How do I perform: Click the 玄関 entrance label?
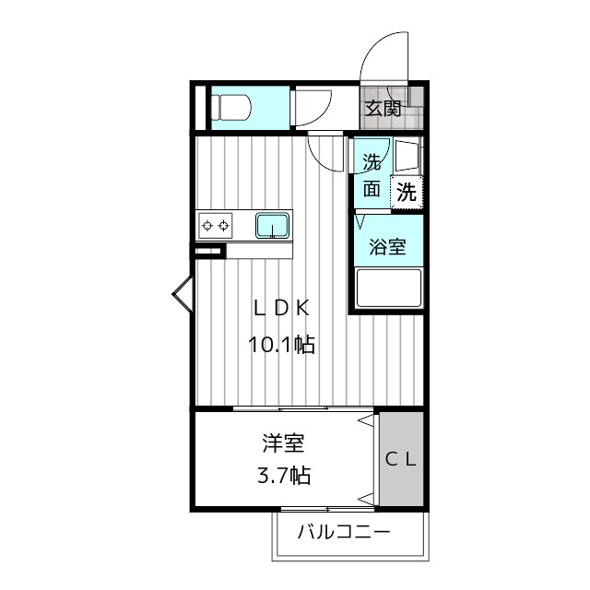pyautogui.click(x=383, y=108)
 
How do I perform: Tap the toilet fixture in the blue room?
pyautogui.click(x=231, y=108)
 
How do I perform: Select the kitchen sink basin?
pyautogui.click(x=272, y=224)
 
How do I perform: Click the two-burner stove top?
pyautogui.click(x=216, y=224)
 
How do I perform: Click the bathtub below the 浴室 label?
pyautogui.click(x=388, y=288)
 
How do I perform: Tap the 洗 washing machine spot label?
pyautogui.click(x=407, y=193)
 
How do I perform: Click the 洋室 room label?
pyautogui.click(x=282, y=444)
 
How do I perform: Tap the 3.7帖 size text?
pyautogui.click(x=282, y=477)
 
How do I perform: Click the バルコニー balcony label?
pyautogui.click(x=344, y=532)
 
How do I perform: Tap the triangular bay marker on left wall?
pyautogui.click(x=181, y=294)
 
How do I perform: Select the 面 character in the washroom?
pyautogui.click(x=372, y=189)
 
